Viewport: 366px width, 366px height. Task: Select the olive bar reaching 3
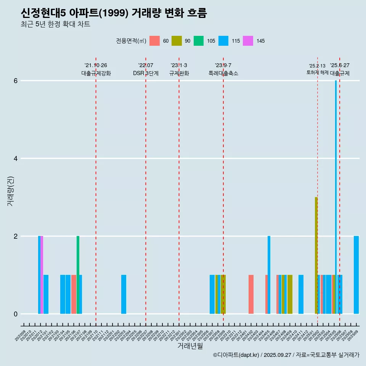tap(316, 255)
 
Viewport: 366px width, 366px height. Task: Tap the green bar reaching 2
tap(78, 274)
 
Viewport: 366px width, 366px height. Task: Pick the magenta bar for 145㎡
tap(42, 274)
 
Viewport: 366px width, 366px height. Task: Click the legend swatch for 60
tap(154, 41)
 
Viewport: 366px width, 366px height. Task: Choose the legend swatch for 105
tap(199, 41)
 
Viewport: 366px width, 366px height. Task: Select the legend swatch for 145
tap(248, 41)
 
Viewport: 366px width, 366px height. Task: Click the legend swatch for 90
tap(177, 41)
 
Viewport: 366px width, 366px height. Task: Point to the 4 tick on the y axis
tap(16, 159)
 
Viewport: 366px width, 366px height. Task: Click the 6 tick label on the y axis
tap(16, 81)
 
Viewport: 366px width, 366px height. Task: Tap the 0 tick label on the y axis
tap(16, 314)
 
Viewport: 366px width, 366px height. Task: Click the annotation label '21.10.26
tap(96, 65)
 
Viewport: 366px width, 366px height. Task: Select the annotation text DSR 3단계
tap(146, 73)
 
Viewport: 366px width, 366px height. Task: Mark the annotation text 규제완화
tap(179, 73)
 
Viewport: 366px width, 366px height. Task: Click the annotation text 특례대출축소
tap(223, 73)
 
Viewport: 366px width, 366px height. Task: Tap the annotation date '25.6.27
tap(340, 65)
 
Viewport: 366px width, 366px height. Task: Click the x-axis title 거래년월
tap(190, 346)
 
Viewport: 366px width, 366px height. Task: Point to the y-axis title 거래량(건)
tap(11, 191)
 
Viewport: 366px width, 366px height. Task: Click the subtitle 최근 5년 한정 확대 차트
tap(55, 24)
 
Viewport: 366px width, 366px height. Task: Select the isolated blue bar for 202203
tap(124, 294)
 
